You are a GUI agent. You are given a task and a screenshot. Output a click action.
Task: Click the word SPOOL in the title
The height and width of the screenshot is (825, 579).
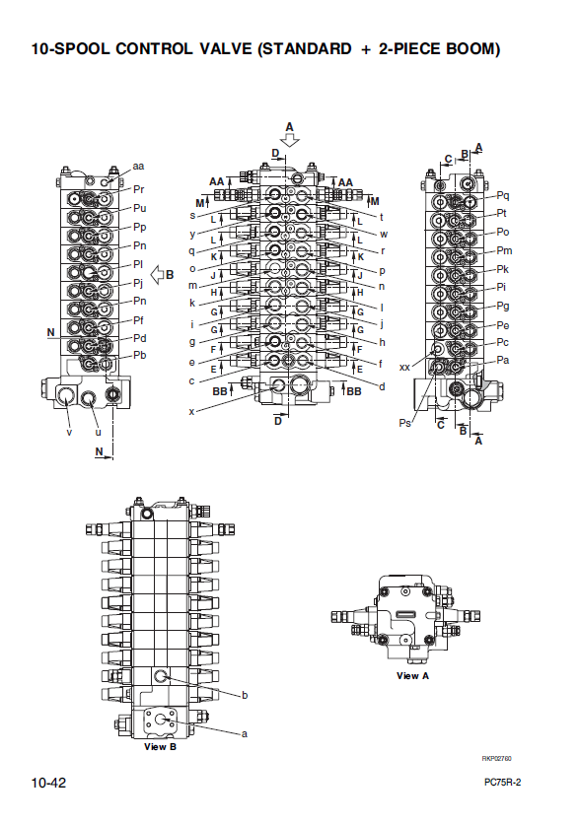click(82, 49)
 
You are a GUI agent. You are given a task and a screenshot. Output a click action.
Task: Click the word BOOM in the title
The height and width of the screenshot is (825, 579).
click(470, 49)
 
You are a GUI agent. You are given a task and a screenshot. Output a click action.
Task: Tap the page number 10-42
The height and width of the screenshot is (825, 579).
click(49, 783)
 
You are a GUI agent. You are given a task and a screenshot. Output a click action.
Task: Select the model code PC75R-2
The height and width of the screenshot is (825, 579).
click(503, 783)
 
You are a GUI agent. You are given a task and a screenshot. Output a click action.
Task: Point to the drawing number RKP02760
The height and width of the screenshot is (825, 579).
click(496, 758)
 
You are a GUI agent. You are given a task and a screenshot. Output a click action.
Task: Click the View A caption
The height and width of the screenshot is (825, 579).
click(412, 676)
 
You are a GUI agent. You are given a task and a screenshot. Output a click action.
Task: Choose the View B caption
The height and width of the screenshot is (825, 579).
click(161, 746)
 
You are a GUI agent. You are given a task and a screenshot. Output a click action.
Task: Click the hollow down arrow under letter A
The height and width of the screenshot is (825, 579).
click(290, 140)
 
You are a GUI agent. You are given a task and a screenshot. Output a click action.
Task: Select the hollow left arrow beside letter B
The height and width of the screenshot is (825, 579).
click(157, 275)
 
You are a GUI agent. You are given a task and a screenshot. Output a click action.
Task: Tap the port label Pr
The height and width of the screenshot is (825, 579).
click(138, 189)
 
